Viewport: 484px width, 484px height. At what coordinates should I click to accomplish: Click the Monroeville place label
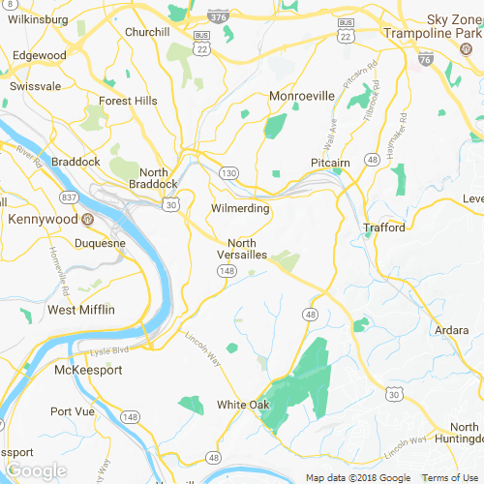pos(301,97)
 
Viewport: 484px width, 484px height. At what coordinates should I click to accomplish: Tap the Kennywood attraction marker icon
pos(88,219)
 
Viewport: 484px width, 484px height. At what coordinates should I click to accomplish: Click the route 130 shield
pos(228,172)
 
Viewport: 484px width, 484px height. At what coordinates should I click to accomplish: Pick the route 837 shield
pos(69,197)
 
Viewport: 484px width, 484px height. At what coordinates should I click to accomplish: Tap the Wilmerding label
pos(239,208)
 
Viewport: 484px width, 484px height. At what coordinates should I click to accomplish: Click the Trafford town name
pos(383,228)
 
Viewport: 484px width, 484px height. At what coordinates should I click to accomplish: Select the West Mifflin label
pos(81,310)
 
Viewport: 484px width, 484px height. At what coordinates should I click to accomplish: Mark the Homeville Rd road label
pos(59,272)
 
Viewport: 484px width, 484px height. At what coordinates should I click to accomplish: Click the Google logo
pos(36,471)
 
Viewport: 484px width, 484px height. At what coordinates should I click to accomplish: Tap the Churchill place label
pos(147,31)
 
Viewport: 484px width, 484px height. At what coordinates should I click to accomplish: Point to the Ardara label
pos(451,329)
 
